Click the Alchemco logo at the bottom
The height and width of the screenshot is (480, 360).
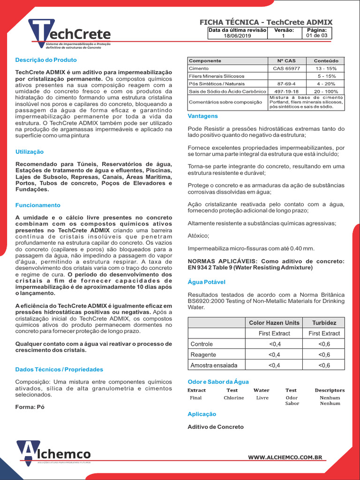click(53, 453)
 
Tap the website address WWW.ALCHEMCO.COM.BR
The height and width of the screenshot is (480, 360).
click(285, 457)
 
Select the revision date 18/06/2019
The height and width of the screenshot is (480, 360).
click(237, 35)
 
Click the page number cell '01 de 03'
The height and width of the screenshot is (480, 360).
click(317, 35)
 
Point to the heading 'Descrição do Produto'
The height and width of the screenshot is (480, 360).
click(46, 60)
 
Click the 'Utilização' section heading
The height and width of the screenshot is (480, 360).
click(30, 152)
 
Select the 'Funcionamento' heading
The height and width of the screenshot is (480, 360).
click(38, 205)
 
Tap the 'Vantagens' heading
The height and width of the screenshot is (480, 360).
click(202, 116)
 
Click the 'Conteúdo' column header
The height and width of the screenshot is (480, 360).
click(326, 61)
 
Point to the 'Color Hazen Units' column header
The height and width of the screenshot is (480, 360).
click(274, 323)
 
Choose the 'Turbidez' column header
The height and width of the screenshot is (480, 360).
click(324, 323)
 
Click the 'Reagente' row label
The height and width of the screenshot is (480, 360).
click(203, 355)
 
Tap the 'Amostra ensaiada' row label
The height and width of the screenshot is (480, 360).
click(214, 365)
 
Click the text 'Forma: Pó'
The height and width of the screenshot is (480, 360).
click(30, 407)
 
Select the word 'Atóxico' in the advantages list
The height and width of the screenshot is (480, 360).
click(198, 236)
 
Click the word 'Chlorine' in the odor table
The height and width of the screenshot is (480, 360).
click(233, 397)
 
